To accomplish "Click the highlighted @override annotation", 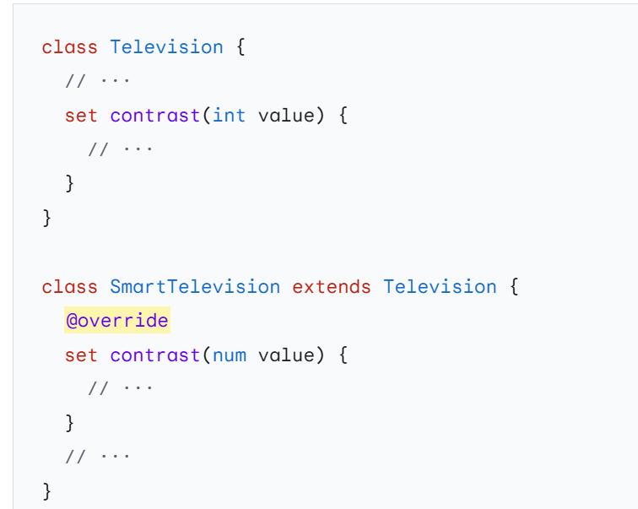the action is pos(116,321).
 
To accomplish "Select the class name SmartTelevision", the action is pos(195,286).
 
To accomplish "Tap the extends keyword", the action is pos(332,286).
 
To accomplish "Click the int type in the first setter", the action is pos(229,115).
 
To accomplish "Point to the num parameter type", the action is pos(229,355).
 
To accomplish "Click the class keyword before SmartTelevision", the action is pos(69,286).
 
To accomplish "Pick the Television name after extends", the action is pos(440,286).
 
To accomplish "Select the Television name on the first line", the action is pos(166,46).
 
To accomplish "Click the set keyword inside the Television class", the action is pos(81,115).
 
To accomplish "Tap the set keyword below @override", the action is pos(81,355).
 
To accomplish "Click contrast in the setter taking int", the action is pos(154,115).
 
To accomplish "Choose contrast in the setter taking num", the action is pos(154,355).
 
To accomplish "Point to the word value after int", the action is pos(285,115).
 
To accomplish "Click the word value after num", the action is pos(285,355).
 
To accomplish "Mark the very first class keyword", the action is pos(69,46).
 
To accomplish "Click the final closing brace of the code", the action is pos(47,490).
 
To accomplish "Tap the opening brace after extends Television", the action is pos(513,286).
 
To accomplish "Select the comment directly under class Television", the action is pos(98,81).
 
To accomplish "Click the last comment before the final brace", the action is pos(98,456).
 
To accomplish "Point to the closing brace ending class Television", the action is pos(47,218).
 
